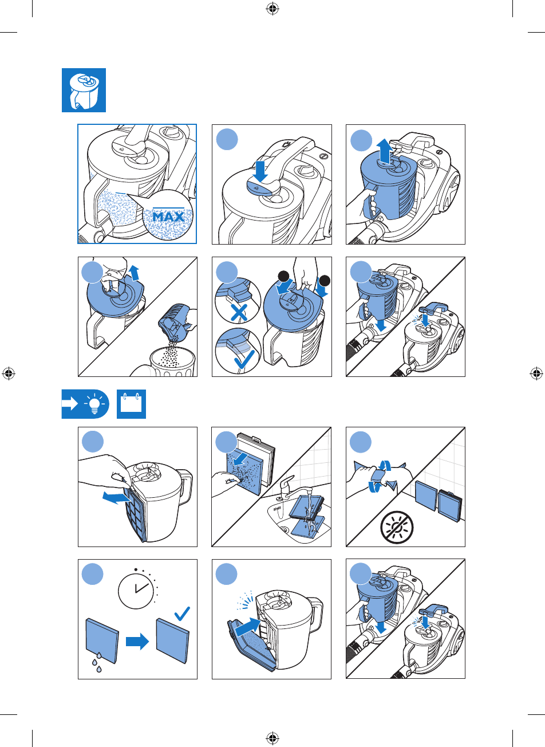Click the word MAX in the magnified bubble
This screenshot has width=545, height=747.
point(168,217)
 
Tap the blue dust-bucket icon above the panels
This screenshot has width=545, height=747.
point(84,91)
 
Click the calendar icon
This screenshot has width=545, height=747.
point(131,404)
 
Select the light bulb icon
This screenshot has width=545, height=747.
point(94,403)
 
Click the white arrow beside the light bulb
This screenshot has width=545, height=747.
point(70,404)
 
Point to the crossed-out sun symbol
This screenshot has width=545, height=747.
point(397,528)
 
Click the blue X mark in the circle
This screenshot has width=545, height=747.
point(238,313)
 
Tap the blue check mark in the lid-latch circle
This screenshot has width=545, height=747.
point(244,359)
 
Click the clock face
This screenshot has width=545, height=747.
point(136,589)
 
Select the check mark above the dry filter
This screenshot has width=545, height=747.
point(182,614)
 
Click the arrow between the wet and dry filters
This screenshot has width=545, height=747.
point(137,641)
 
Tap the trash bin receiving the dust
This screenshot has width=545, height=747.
point(172,362)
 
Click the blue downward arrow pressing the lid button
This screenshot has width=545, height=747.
point(260,171)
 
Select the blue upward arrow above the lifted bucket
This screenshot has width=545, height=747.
point(385,151)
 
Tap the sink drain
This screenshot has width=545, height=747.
point(284,529)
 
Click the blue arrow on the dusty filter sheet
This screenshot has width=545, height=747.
point(240,459)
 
